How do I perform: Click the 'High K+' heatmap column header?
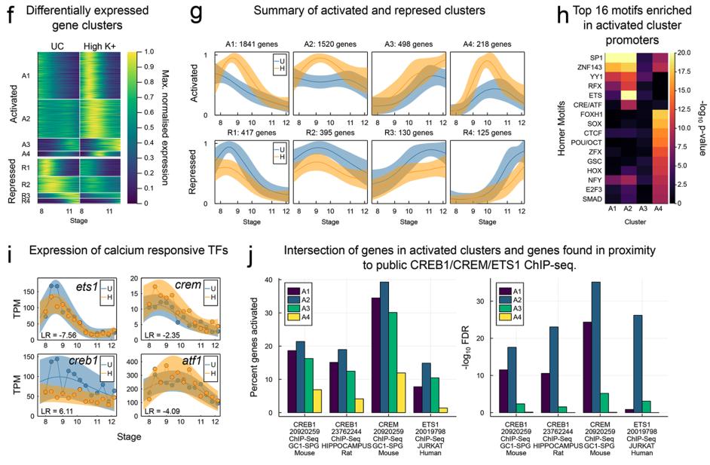pyautogui.click(x=96, y=45)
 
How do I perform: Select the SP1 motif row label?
pyautogui.click(x=599, y=56)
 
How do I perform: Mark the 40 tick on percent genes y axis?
pyautogui.click(x=272, y=280)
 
